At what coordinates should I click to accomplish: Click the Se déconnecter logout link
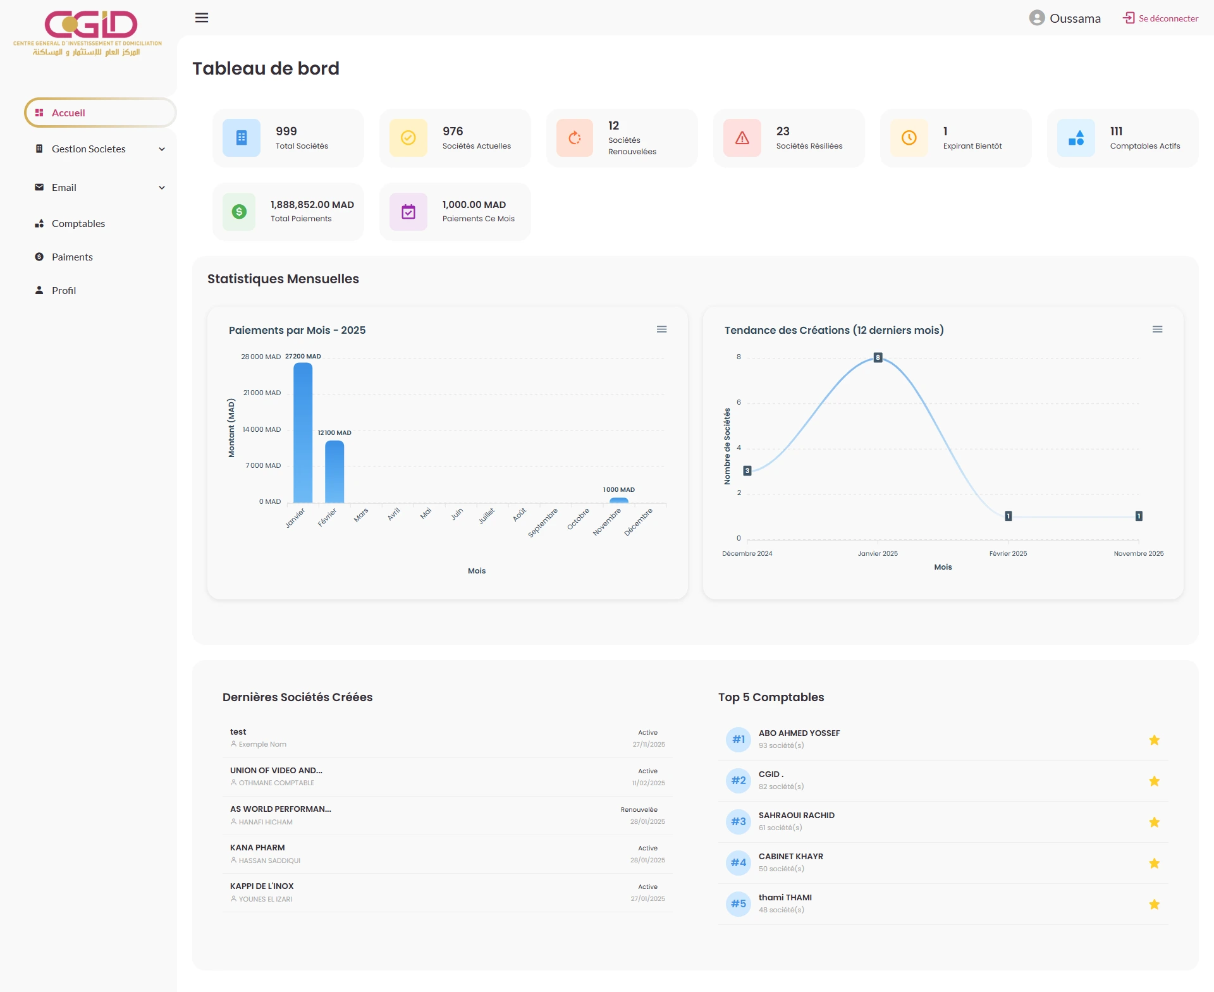[1161, 18]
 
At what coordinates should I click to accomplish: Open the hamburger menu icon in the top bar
[202, 18]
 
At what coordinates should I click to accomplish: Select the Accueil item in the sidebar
[68, 113]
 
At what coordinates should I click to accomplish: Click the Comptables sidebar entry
[78, 223]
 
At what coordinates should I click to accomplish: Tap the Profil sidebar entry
[63, 290]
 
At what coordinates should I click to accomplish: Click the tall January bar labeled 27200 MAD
[303, 433]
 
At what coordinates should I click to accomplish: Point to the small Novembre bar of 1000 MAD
[618, 500]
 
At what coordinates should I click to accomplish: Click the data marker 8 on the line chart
[878, 358]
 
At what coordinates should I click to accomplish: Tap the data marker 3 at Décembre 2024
[747, 470]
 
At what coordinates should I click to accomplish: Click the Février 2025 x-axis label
[1008, 553]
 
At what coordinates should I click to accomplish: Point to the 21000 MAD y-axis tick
[262, 393]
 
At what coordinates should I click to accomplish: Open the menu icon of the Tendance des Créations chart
[1157, 329]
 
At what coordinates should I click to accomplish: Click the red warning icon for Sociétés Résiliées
[742, 138]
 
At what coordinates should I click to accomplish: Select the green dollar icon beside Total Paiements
[239, 212]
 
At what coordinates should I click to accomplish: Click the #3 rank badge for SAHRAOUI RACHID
[738, 821]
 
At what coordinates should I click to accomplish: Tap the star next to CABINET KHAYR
[1154, 863]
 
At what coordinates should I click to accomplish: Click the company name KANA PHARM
[257, 847]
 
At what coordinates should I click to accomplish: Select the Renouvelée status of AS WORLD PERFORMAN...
[639, 809]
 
